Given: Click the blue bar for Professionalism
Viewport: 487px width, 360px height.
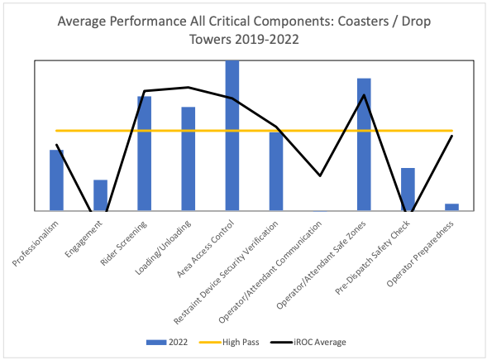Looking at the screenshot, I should (x=56, y=180).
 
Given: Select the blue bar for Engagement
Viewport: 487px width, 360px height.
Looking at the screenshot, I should (x=100, y=195).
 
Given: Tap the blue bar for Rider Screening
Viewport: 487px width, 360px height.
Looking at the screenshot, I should (x=144, y=154).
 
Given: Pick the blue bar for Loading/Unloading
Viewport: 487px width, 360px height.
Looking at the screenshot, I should (x=189, y=159).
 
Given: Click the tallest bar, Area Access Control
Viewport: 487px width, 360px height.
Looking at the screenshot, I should (x=232, y=136).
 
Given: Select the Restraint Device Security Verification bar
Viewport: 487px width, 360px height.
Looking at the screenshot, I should (x=276, y=171).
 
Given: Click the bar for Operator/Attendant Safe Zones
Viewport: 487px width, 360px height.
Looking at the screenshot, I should (x=364, y=145).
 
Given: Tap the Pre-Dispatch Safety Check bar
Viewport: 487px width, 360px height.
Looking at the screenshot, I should (x=408, y=190).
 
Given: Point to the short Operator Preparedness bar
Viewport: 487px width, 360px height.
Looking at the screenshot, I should (x=451, y=207).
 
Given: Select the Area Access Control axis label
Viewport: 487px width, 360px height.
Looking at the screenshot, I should (x=206, y=251).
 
